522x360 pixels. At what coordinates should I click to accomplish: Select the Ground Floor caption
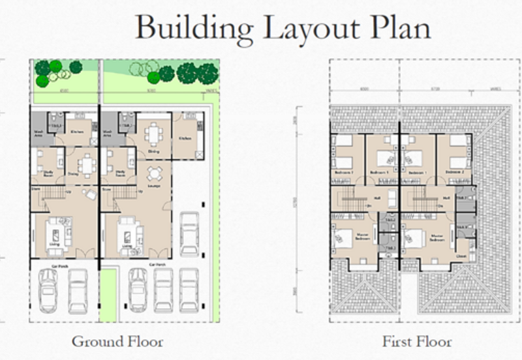(117, 341)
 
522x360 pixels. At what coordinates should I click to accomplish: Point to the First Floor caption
(417, 341)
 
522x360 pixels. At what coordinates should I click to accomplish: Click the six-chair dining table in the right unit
(154, 134)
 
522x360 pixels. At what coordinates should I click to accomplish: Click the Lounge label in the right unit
(155, 186)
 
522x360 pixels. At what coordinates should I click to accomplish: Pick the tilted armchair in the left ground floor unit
(89, 194)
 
